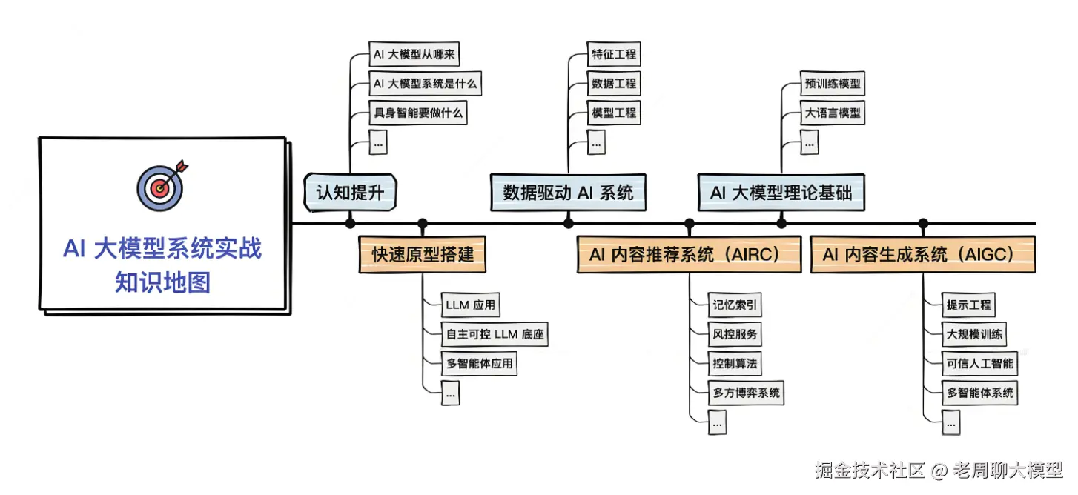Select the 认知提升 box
tap(350, 193)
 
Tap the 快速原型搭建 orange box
tap(423, 256)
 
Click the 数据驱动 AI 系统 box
tap(568, 193)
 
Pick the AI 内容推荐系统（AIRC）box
tap(689, 255)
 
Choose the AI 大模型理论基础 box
tap(781, 193)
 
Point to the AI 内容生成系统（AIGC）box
tap(922, 255)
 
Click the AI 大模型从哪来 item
tap(419, 55)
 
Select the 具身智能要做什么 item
tap(420, 113)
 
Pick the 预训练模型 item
tap(833, 84)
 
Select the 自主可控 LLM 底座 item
tap(495, 334)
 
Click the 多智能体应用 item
tap(478, 364)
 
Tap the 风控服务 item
tap(735, 334)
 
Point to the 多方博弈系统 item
tap(746, 393)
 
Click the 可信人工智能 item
tap(979, 364)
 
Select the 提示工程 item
tap(968, 305)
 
